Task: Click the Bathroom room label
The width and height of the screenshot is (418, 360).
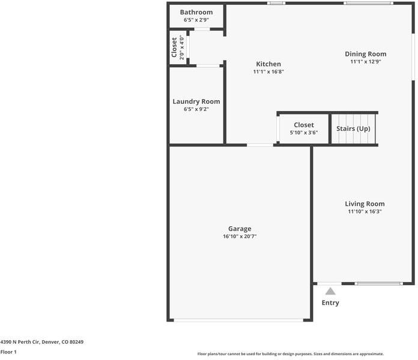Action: pyautogui.click(x=196, y=12)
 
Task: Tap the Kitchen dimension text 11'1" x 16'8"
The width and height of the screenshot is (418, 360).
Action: pyautogui.click(x=268, y=71)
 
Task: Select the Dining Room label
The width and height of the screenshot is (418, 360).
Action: pyautogui.click(x=366, y=54)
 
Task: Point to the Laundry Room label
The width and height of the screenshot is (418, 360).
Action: pyautogui.click(x=196, y=102)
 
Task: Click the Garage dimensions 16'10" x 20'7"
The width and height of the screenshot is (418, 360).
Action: pyautogui.click(x=240, y=236)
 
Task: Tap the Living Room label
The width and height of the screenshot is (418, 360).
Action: pyautogui.click(x=365, y=204)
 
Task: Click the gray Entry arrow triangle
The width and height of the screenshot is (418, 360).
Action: pyautogui.click(x=330, y=291)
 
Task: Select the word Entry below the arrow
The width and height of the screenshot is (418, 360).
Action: pyautogui.click(x=330, y=303)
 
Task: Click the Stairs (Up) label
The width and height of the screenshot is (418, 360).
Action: pyautogui.click(x=353, y=128)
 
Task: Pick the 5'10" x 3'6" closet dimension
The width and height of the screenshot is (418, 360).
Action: pyautogui.click(x=304, y=133)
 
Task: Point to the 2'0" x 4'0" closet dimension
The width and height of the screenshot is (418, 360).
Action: pyautogui.click(x=182, y=47)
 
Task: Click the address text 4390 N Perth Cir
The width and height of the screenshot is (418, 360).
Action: pyautogui.click(x=20, y=342)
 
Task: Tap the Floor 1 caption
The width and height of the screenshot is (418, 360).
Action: pyautogui.click(x=8, y=352)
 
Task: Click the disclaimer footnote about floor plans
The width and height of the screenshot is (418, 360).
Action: pyautogui.click(x=291, y=354)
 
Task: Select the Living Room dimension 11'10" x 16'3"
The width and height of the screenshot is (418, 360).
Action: pyautogui.click(x=365, y=211)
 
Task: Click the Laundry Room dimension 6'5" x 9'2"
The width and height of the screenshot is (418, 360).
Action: pyautogui.click(x=196, y=109)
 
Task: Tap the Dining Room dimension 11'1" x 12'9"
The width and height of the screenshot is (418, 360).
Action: pyautogui.click(x=366, y=62)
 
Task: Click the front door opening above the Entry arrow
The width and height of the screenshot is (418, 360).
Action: pyautogui.click(x=329, y=284)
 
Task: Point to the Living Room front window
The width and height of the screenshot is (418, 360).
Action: pyautogui.click(x=379, y=284)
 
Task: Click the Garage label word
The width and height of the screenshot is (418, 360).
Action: pyautogui.click(x=240, y=229)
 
